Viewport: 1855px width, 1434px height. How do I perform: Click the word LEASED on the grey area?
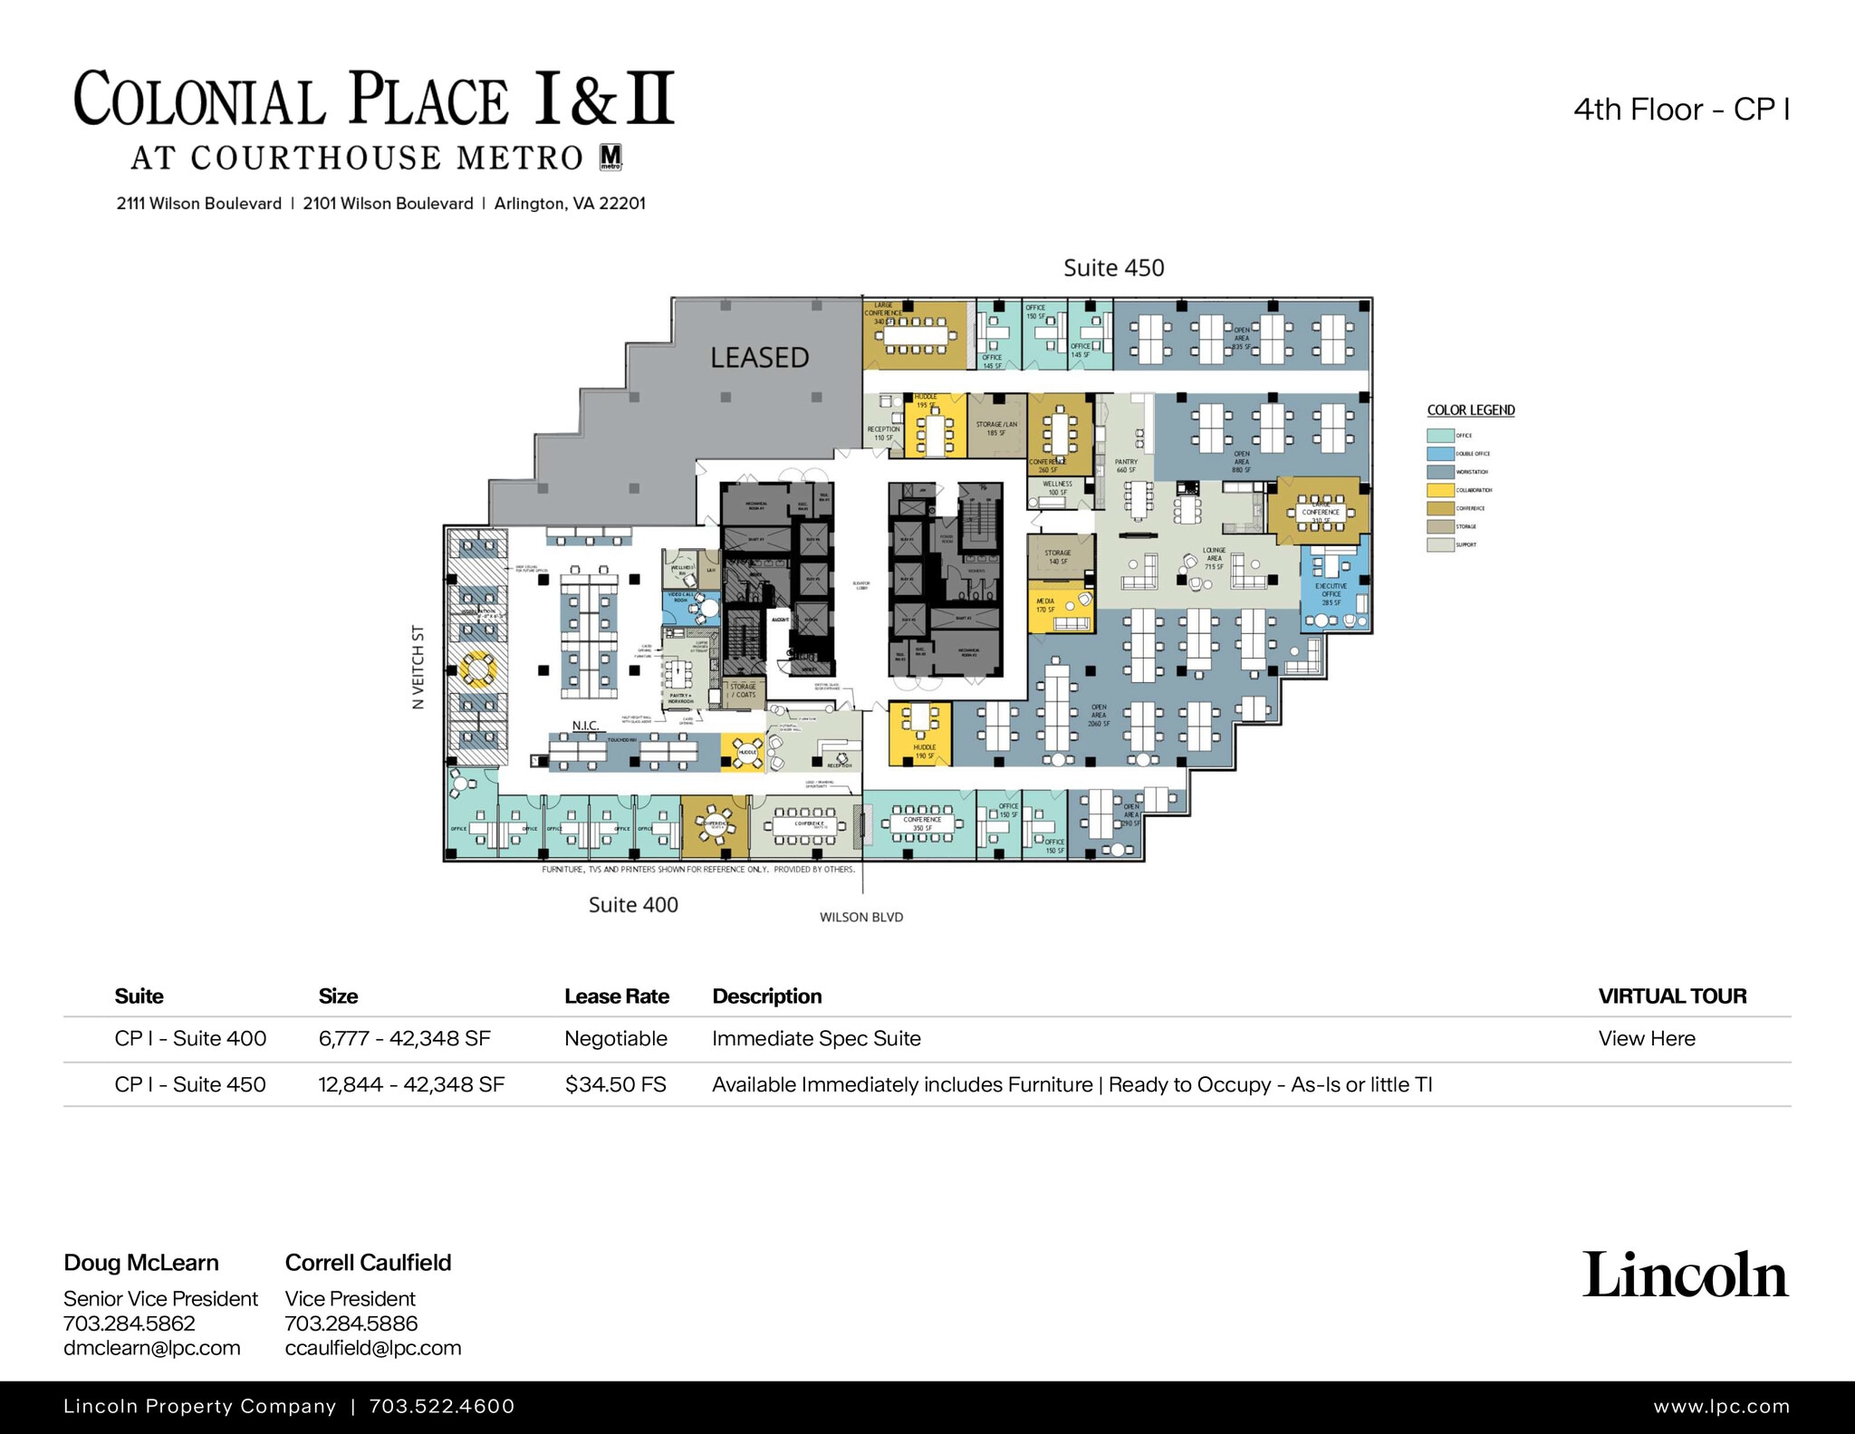[x=759, y=358]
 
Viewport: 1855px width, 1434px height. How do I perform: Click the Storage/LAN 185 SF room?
[x=996, y=427]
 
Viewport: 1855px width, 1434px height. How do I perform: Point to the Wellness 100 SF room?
[x=1058, y=490]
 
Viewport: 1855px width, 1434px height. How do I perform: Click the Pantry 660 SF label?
[x=1126, y=466]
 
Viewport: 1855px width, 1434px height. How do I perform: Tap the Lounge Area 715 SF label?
[x=1214, y=558]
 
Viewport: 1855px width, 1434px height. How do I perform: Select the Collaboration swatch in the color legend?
[x=1440, y=490]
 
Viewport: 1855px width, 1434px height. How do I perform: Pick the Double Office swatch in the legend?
[x=1440, y=454]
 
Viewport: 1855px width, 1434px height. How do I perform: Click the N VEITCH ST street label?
[x=418, y=667]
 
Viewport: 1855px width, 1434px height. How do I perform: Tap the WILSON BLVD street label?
[x=861, y=917]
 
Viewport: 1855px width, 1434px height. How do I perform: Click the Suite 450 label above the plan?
[x=1113, y=268]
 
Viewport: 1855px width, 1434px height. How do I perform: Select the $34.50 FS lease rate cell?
[x=615, y=1084]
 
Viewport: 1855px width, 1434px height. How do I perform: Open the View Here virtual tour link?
[x=1646, y=1039]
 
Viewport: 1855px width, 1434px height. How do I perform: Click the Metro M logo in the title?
[x=610, y=158]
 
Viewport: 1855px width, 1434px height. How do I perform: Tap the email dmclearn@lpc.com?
[x=151, y=1348]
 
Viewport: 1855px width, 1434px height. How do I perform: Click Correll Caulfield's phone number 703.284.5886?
[x=351, y=1323]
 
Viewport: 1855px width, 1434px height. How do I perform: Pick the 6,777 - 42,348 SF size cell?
[x=404, y=1039]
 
